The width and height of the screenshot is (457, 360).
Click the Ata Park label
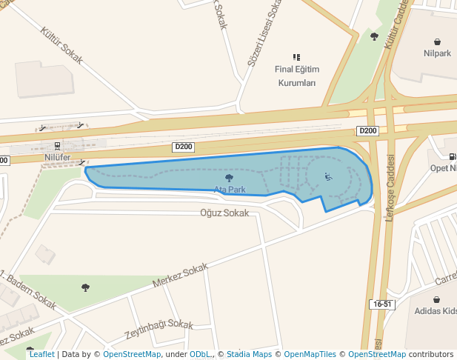[x=230, y=190]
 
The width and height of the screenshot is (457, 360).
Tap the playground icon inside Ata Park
[x=328, y=177]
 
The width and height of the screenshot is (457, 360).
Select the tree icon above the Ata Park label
[x=229, y=179]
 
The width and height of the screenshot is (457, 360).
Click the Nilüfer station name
[x=57, y=158]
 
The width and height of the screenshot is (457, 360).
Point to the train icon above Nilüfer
[x=57, y=146]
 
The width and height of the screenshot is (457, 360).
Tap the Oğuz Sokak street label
[x=224, y=213]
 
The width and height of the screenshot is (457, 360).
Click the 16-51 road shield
[x=382, y=304]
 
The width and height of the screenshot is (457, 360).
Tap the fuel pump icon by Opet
[x=452, y=156]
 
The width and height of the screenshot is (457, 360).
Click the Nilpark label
[x=437, y=53]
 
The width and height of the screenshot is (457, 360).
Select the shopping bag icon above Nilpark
[x=437, y=41]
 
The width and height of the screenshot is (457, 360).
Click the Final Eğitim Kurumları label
[x=296, y=76]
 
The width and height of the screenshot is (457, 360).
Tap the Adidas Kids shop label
[x=436, y=311]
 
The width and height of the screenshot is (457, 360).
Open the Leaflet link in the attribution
[x=41, y=354]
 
